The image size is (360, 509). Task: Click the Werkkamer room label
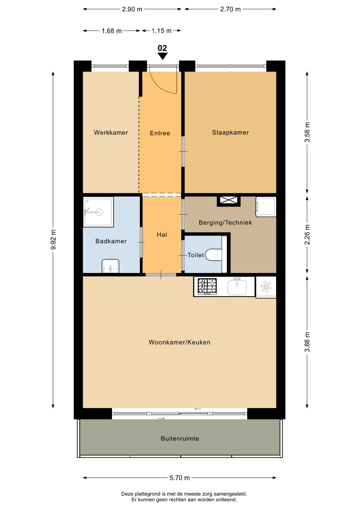[111, 133]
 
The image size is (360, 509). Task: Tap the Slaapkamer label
[230, 133]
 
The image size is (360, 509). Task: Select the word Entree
[160, 133]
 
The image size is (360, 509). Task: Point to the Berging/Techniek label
[225, 222]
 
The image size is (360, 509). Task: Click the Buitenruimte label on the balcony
[180, 438]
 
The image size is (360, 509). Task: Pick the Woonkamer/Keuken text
[179, 342]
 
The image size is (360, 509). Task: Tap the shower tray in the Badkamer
[98, 212]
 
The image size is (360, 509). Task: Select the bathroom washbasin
[110, 266]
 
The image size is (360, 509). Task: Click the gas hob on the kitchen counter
[207, 286]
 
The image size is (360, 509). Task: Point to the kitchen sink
[237, 286]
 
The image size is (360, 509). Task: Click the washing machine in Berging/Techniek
[266, 207]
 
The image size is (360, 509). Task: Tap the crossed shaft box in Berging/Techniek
[229, 200]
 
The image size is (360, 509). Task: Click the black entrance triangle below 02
[163, 56]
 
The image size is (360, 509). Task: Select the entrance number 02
[162, 48]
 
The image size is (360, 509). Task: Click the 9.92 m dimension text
[53, 240]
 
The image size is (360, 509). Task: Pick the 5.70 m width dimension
[180, 478]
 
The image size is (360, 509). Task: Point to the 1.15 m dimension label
[161, 31]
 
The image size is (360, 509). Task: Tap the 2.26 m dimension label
[307, 235]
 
